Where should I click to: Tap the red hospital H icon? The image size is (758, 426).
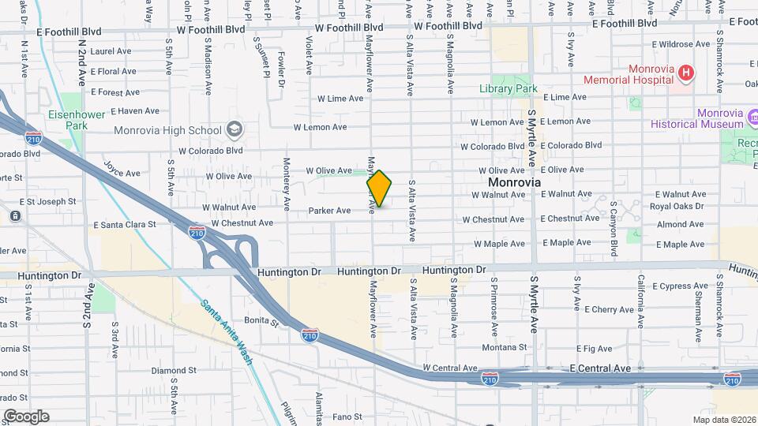click(x=686, y=74)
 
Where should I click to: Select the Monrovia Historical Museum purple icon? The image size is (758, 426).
click(x=752, y=119)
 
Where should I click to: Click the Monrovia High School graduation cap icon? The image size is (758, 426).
click(x=234, y=129)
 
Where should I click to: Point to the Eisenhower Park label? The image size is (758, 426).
click(x=66, y=120)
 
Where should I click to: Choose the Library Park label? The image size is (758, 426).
click(x=508, y=89)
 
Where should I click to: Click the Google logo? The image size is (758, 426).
click(x=25, y=417)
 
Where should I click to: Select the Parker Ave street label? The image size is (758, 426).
click(x=329, y=211)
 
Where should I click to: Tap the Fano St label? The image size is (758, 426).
click(x=347, y=417)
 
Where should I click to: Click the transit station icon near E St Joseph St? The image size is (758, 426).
click(x=15, y=215)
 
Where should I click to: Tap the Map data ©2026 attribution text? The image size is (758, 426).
click(x=723, y=420)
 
